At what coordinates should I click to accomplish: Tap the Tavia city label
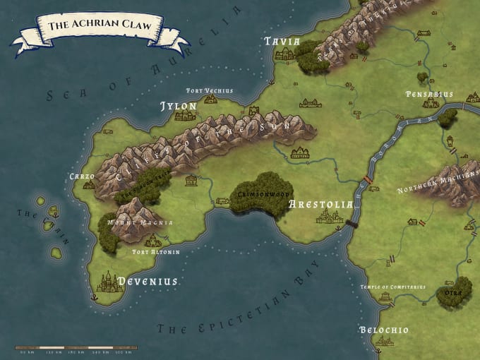pyautogui.click(x=282, y=42)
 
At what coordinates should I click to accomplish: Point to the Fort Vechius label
pyautogui.click(x=209, y=91)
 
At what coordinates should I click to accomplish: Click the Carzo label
pyautogui.click(x=82, y=176)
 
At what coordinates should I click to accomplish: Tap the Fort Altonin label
pyautogui.click(x=156, y=252)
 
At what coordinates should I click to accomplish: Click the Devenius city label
pyautogui.click(x=147, y=281)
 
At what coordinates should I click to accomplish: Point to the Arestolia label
pyautogui.click(x=320, y=205)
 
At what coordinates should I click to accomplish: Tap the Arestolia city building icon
pyautogui.click(x=329, y=217)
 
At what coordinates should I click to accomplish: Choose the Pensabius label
pyautogui.click(x=429, y=94)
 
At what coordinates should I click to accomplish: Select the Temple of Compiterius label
pyautogui.click(x=392, y=287)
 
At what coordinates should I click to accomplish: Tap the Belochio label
pyautogui.click(x=383, y=330)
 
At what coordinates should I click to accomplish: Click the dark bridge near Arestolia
pyautogui.click(x=352, y=224)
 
